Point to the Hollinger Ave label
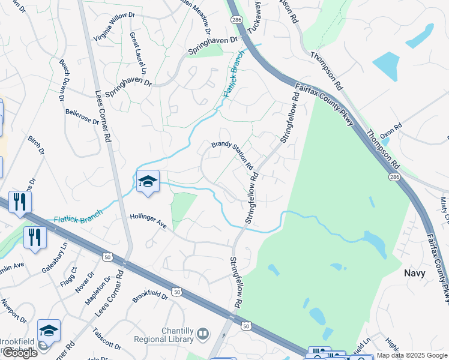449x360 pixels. click(x=148, y=221)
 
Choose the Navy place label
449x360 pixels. click(x=415, y=273)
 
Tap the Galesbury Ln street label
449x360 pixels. click(x=55, y=257)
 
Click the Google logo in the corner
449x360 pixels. click(x=20, y=352)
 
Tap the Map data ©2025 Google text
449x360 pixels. click(x=411, y=355)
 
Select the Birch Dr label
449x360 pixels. click(x=36, y=145)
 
